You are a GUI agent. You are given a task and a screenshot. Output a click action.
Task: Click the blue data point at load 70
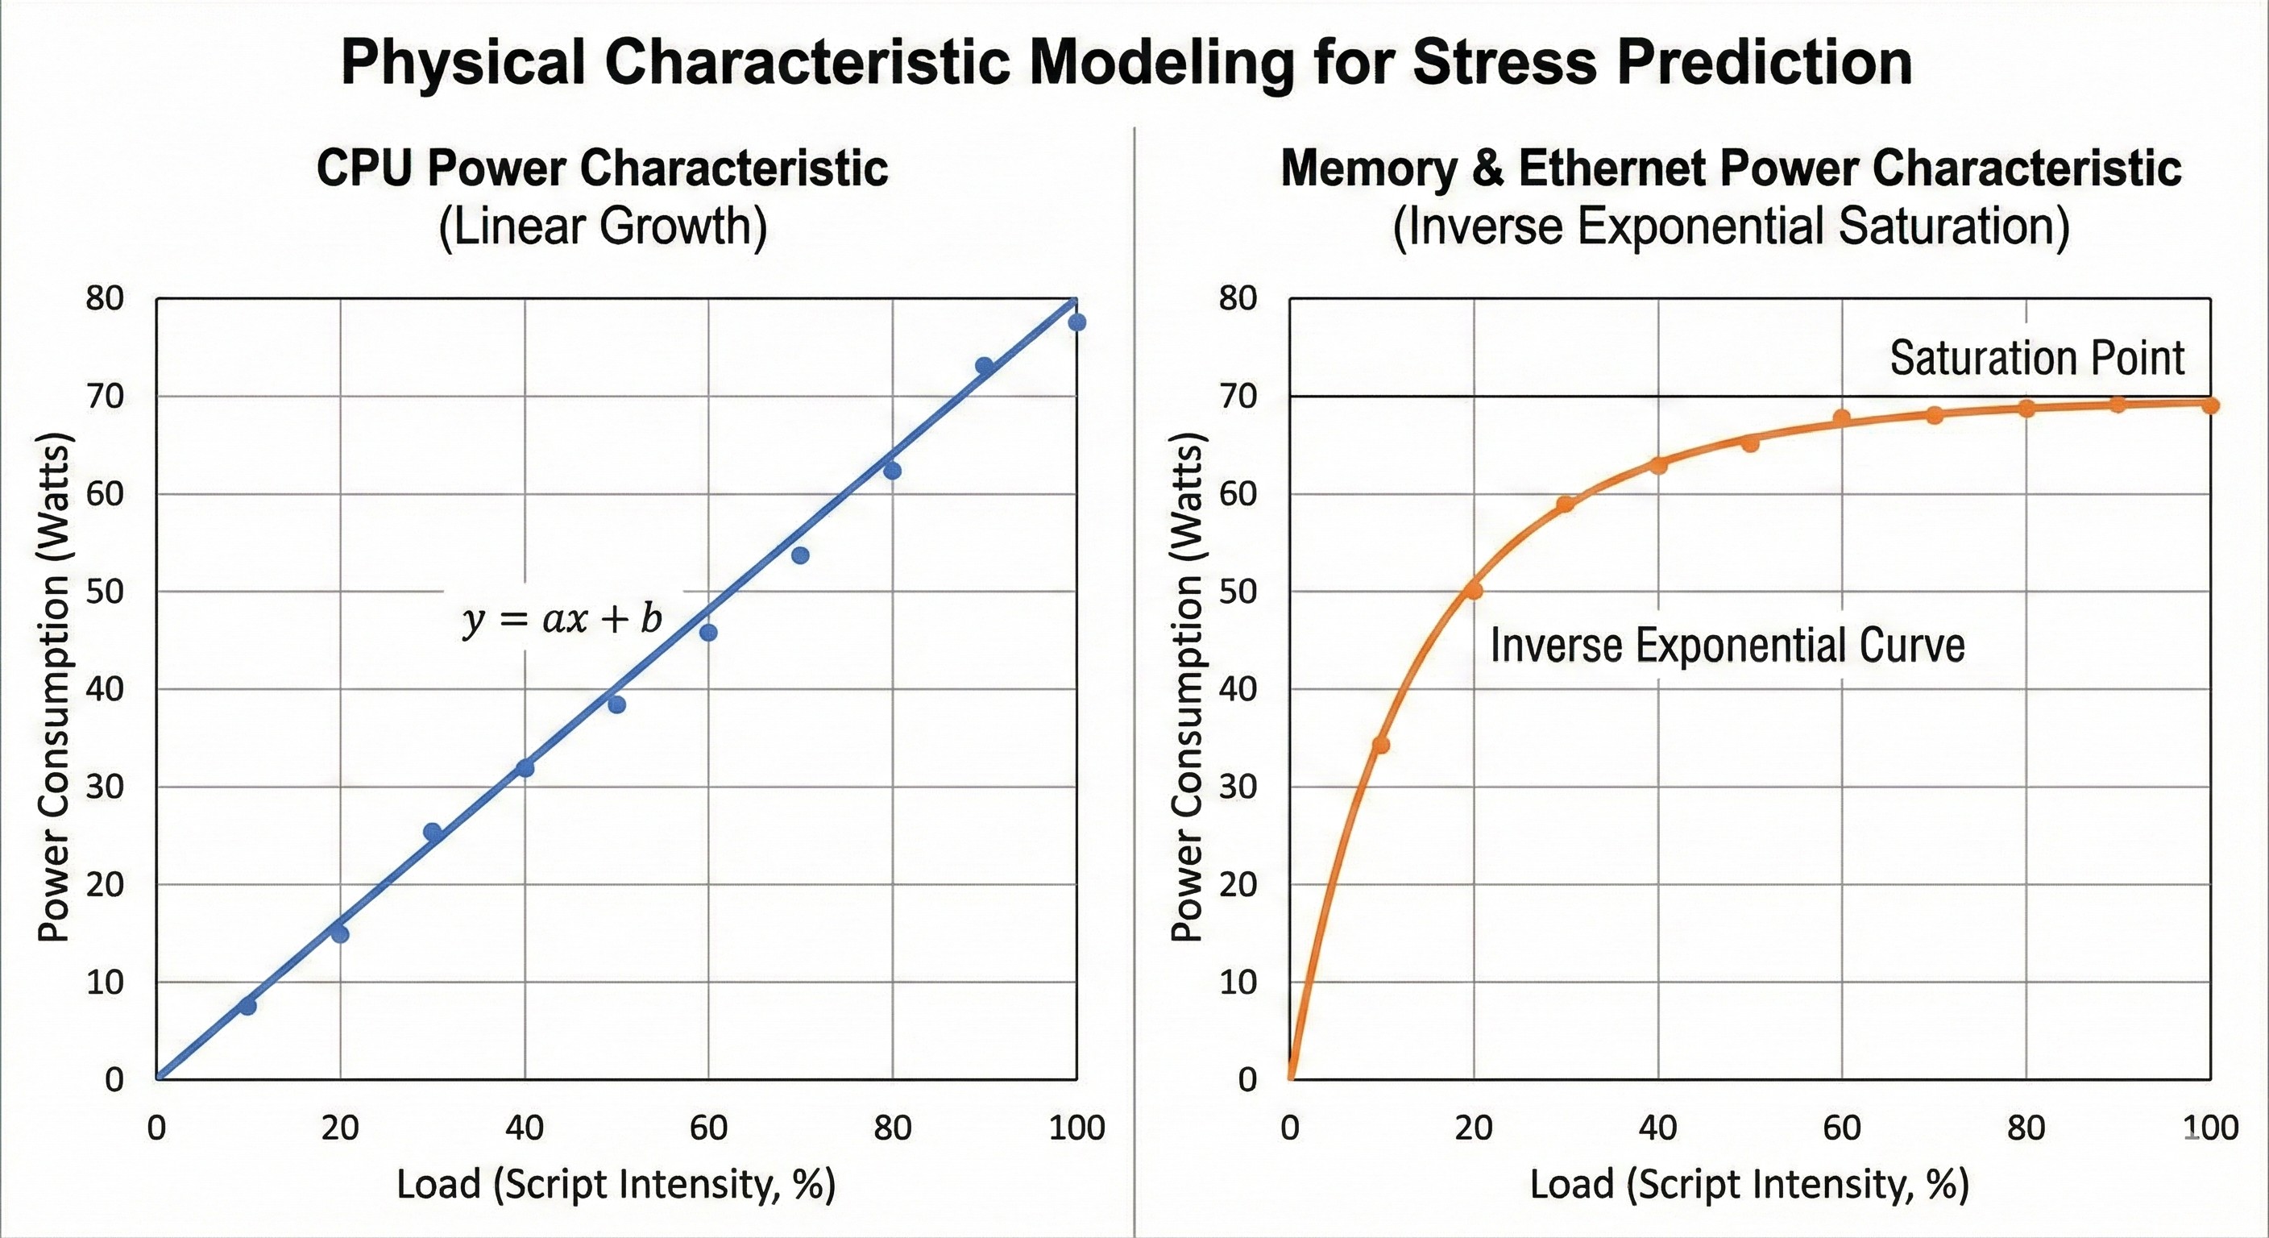800,555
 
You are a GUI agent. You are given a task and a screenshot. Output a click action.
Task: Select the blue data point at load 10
247,1005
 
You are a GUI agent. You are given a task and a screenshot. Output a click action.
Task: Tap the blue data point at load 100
1076,322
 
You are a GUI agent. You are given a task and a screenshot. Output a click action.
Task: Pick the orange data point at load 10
1381,746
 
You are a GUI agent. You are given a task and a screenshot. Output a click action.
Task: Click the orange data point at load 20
1474,590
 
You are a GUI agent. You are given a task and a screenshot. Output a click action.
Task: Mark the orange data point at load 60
1841,418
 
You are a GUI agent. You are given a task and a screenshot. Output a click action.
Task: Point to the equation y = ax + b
562,620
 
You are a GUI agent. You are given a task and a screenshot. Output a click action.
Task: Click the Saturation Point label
2036,358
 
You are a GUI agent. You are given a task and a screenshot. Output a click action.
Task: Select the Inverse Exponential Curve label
1728,645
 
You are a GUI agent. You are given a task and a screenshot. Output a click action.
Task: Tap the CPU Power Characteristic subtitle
603,168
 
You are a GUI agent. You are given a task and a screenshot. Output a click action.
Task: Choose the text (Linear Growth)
603,226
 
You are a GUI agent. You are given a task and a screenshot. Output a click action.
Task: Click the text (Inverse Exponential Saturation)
1731,226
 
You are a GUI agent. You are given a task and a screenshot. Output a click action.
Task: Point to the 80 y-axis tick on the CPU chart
105,299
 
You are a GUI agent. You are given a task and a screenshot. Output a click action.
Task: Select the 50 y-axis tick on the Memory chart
1238,592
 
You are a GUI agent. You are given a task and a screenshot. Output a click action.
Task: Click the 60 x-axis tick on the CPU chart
708,1128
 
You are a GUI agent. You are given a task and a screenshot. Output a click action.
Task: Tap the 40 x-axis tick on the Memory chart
1657,1128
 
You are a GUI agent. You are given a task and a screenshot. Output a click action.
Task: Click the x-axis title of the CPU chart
616,1184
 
